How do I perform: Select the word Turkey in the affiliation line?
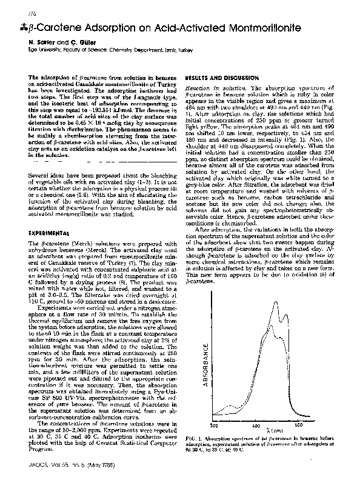[x=187, y=52]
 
